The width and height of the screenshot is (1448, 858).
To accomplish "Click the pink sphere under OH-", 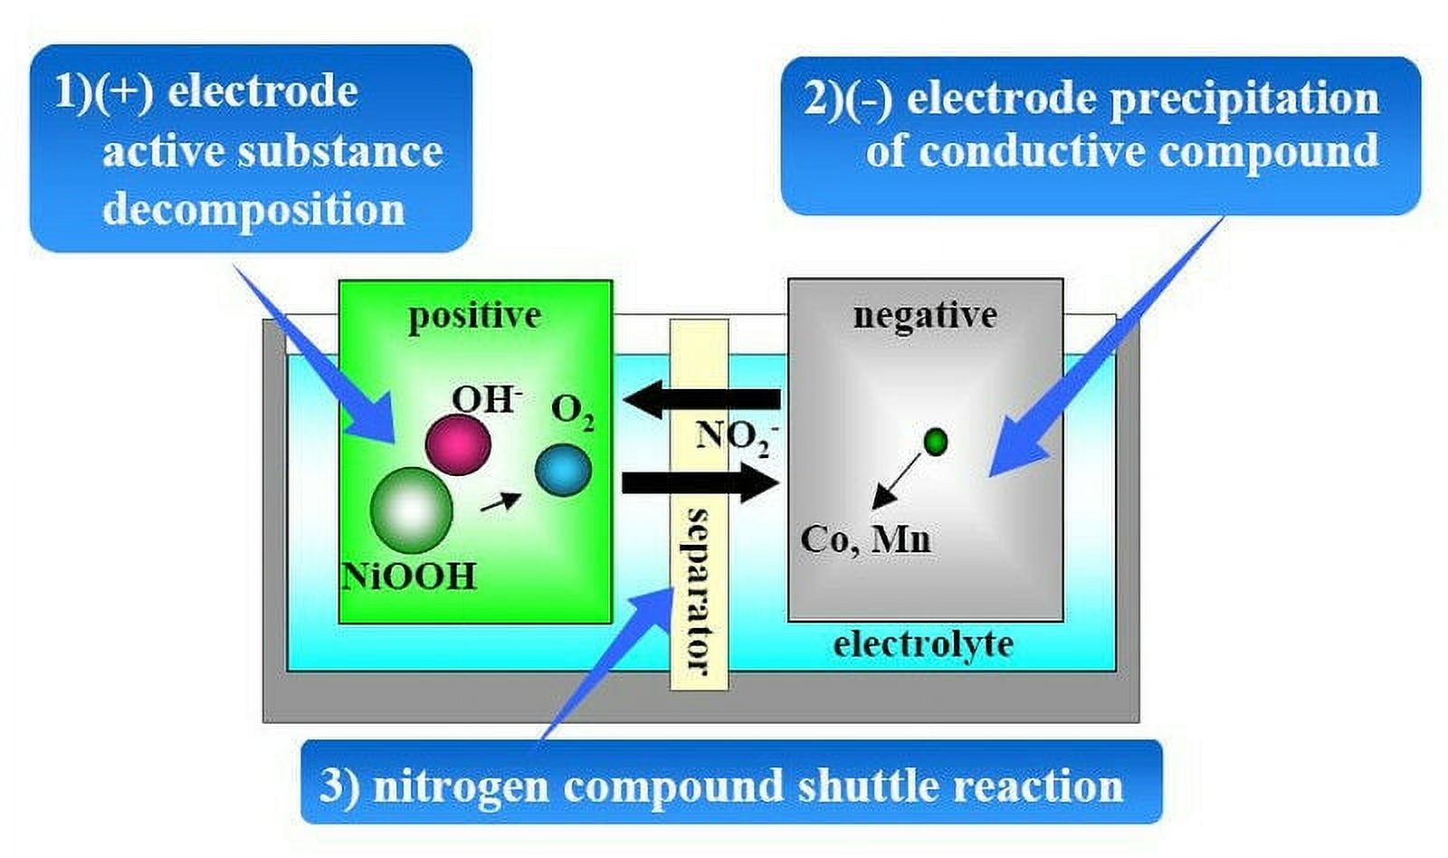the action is (x=458, y=445).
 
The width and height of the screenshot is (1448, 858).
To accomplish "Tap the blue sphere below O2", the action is (x=563, y=470).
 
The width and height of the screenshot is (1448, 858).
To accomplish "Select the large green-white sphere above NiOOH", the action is (x=411, y=510).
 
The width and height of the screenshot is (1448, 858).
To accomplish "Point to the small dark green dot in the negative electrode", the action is (x=936, y=443).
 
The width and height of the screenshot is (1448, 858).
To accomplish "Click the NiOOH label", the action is (x=408, y=577).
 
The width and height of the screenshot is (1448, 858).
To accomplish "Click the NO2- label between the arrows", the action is (x=737, y=438).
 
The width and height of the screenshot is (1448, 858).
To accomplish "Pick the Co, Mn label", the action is (x=865, y=539).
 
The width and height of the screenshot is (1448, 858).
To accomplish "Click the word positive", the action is (x=475, y=317).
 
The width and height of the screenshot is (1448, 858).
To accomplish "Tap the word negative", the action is (x=925, y=317).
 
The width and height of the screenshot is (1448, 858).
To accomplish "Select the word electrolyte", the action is (x=923, y=644).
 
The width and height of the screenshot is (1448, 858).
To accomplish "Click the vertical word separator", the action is (x=699, y=592).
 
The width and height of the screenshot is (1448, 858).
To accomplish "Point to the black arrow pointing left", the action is (x=702, y=399).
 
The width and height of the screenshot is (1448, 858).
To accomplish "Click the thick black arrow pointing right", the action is (x=700, y=483).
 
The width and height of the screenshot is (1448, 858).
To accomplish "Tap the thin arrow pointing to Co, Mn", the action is (x=897, y=481).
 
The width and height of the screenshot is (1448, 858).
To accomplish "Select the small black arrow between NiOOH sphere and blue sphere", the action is (x=500, y=501).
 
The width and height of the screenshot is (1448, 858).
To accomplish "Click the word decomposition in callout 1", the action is (x=253, y=210).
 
